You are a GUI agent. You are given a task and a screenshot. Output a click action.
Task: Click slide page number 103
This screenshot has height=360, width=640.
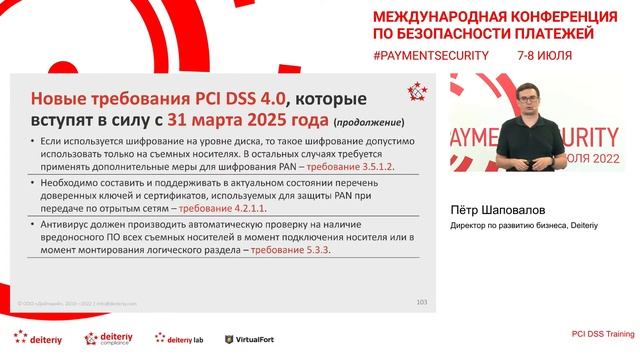[420, 301]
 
